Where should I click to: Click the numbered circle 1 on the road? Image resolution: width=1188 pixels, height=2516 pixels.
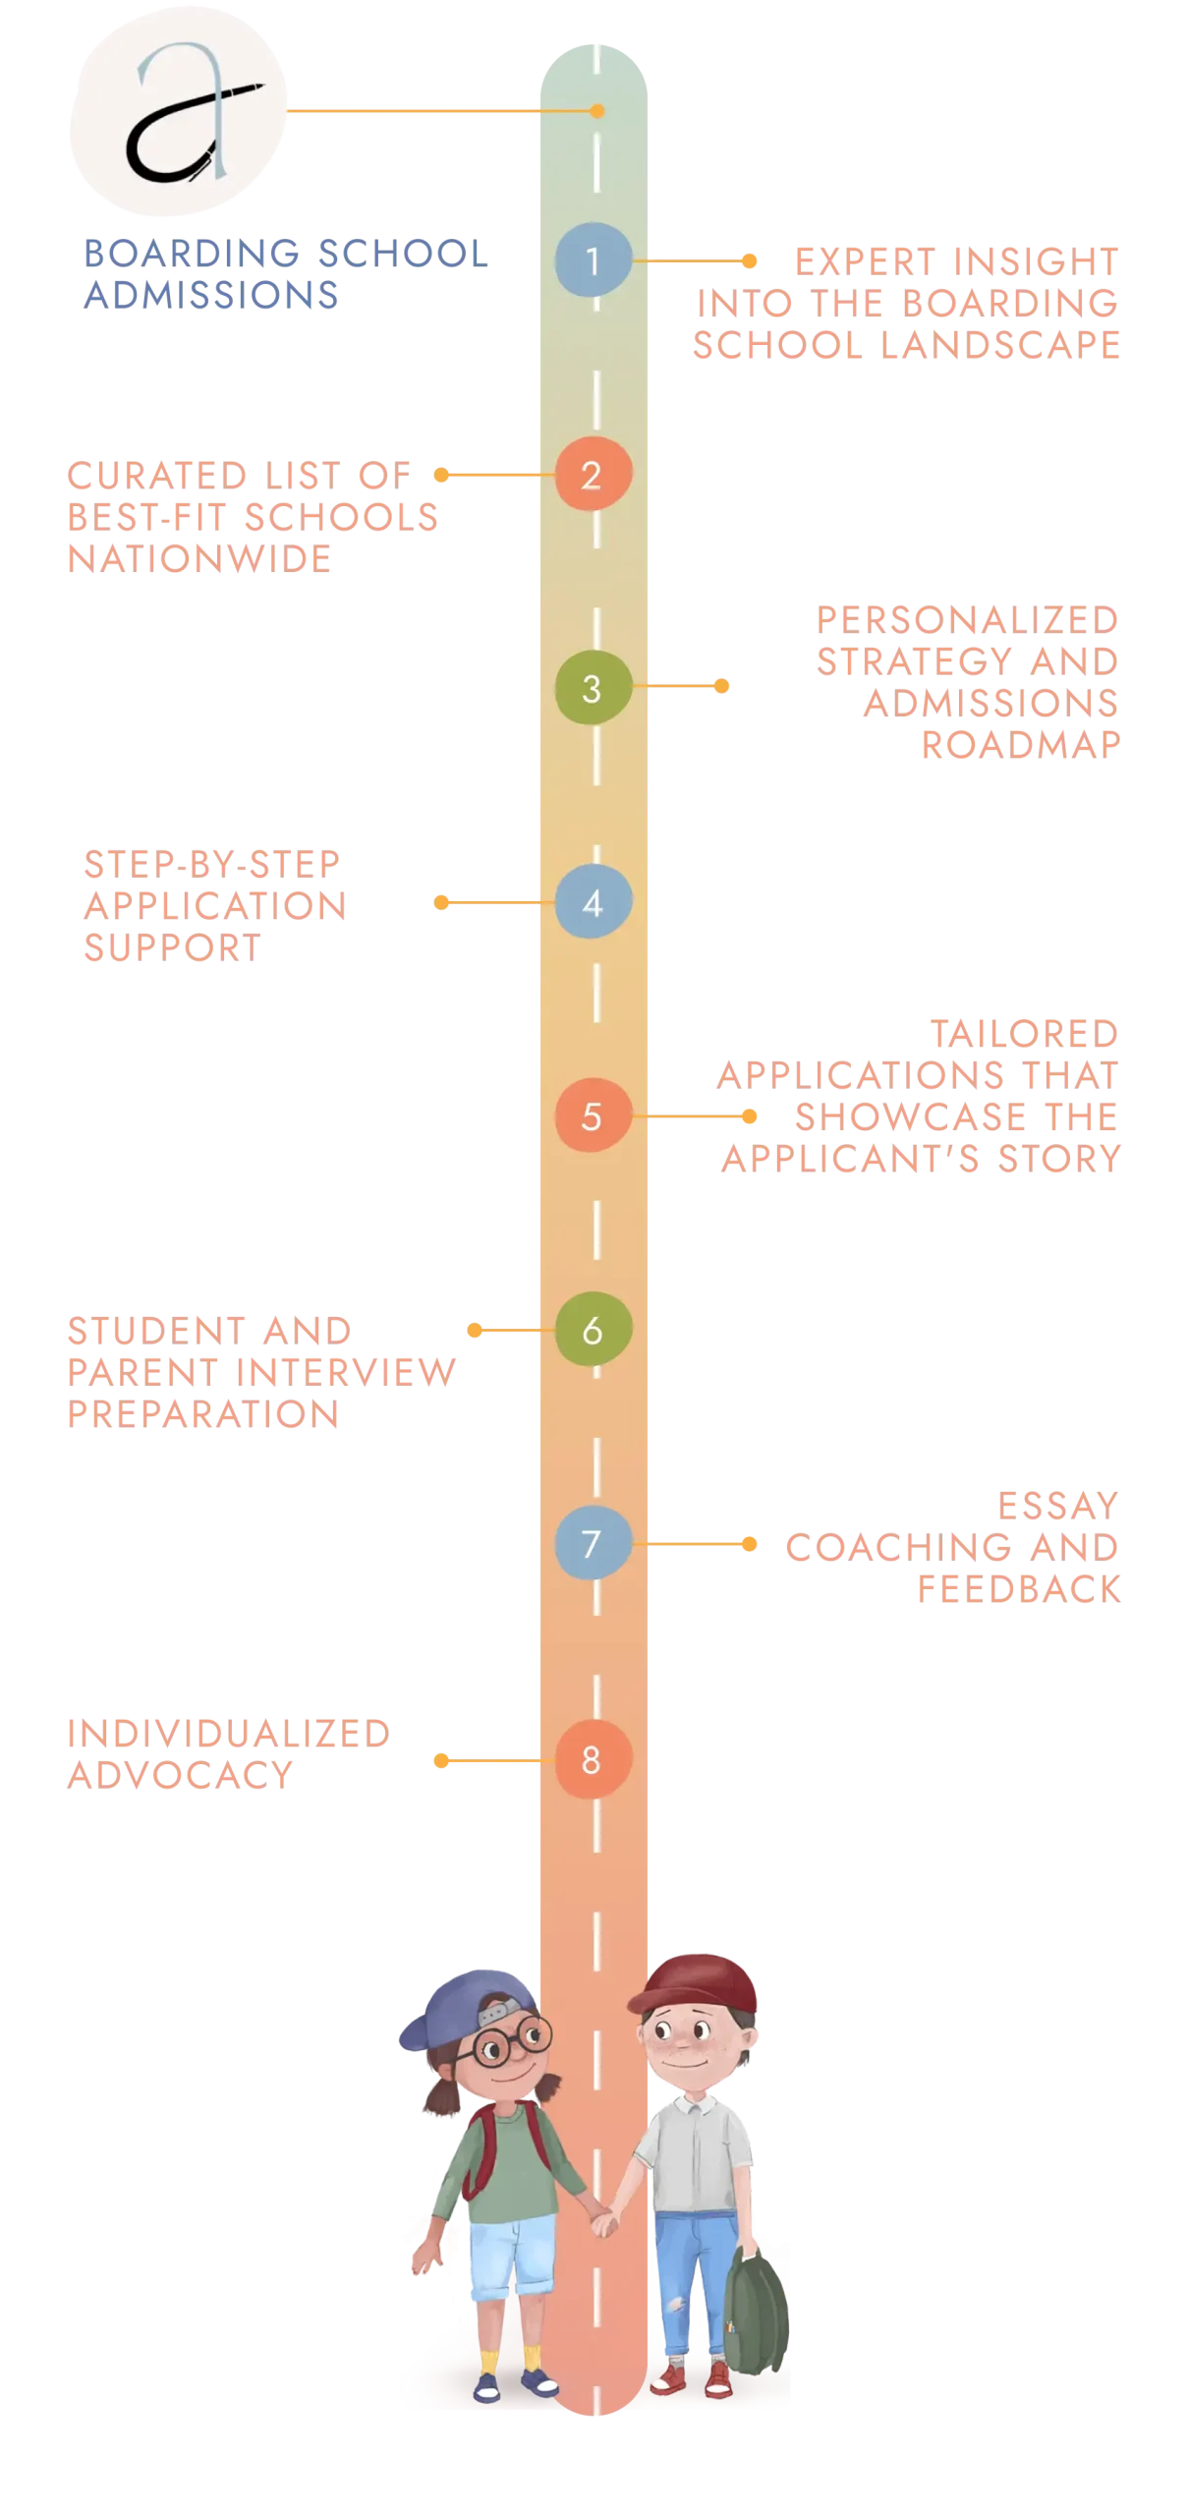click(x=593, y=260)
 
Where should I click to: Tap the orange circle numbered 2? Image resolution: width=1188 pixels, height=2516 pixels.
click(x=593, y=475)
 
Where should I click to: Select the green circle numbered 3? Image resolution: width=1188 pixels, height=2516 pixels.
click(x=593, y=688)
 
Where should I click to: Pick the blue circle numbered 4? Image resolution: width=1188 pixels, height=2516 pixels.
click(x=593, y=902)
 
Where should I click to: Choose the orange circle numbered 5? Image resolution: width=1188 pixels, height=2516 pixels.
click(x=593, y=1115)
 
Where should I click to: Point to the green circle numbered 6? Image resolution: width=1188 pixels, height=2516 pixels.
click(x=593, y=1330)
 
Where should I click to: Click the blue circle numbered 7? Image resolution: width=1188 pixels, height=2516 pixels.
click(x=593, y=1543)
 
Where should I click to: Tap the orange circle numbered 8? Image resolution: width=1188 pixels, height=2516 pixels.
click(x=593, y=1759)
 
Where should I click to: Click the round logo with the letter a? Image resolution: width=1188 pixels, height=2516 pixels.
click(x=177, y=110)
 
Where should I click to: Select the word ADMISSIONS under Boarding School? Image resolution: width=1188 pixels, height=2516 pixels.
click(x=210, y=295)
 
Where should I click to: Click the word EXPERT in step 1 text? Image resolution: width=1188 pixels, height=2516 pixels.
click(x=859, y=260)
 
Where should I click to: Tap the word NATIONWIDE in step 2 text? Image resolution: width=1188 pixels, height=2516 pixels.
click(x=198, y=558)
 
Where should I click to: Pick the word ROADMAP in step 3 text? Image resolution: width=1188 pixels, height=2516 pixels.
click(x=1020, y=744)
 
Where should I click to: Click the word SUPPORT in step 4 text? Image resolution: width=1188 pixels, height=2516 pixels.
click(x=173, y=948)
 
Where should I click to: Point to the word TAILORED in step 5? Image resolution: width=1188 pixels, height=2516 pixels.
click(x=1025, y=1033)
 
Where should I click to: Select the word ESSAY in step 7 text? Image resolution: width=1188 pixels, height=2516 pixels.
click(x=1058, y=1505)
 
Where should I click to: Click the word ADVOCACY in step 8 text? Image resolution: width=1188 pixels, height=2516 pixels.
click(x=179, y=1775)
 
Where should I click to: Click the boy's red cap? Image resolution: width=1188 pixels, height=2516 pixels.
click(x=696, y=1985)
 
